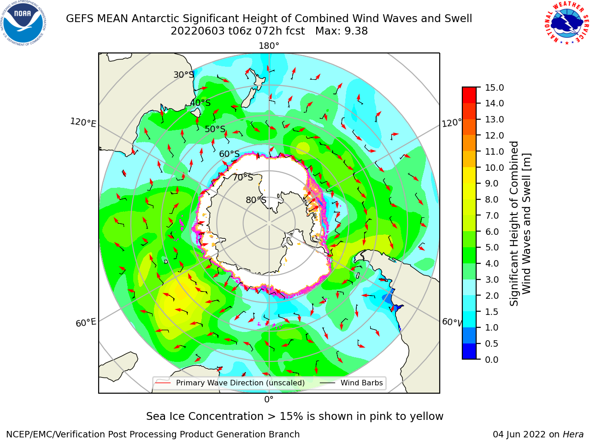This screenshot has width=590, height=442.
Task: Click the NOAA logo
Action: pos(24,23)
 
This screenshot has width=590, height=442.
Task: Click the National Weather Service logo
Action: pos(567,23)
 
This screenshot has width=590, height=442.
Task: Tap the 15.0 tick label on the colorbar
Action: pos(494,87)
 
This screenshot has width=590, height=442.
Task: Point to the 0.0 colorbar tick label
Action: pos(492,360)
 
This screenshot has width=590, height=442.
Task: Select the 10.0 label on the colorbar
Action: pos(494,168)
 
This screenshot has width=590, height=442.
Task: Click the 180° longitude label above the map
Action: pos(269,46)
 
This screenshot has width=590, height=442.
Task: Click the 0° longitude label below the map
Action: pos(269,400)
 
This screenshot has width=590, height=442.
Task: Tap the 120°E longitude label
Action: pos(83,122)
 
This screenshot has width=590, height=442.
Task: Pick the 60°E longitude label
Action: pos(86,322)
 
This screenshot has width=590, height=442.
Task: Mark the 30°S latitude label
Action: pos(183,75)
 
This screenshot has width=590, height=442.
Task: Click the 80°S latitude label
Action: pos(256,200)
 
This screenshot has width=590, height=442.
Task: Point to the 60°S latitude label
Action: pos(229,154)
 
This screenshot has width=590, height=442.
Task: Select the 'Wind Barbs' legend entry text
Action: pos(361,383)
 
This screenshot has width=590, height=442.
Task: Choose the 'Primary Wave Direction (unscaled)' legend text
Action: pos(240,383)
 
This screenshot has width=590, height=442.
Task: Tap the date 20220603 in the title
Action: pos(198,31)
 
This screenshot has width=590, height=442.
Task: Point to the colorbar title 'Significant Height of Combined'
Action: pos(513,224)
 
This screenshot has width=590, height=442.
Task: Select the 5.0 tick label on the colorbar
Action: pos(492,247)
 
